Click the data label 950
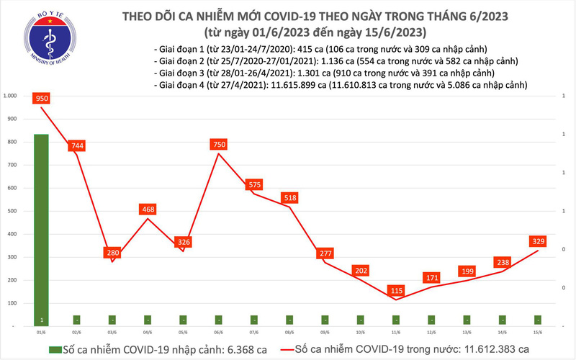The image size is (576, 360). (40, 99)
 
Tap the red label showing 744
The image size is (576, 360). (78, 146)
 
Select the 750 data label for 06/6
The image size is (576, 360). (220, 145)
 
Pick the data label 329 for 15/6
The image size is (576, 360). (539, 242)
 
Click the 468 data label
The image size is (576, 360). (148, 210)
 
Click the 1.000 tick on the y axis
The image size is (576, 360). (10, 96)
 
